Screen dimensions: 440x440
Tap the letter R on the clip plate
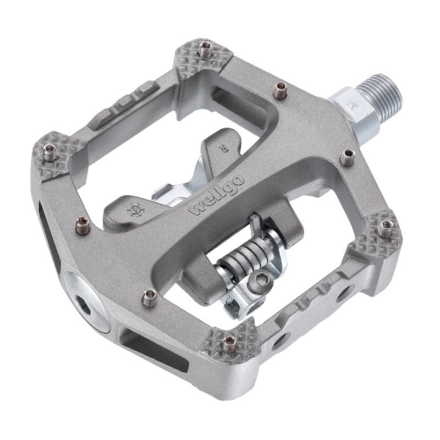click(x=223, y=147)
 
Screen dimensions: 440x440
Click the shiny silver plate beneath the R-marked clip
click(x=165, y=193)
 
